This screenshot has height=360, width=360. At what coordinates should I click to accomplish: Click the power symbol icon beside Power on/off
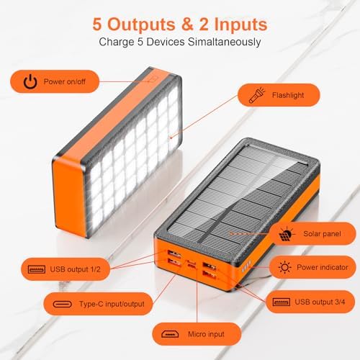coord(30,81)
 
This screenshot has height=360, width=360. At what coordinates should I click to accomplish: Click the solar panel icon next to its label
coord(285,234)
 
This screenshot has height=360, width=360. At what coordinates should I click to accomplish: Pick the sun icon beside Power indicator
coord(285,268)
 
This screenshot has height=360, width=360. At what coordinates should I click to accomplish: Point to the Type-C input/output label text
coord(112,303)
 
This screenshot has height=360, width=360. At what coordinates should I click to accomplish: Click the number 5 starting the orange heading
coord(99,24)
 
